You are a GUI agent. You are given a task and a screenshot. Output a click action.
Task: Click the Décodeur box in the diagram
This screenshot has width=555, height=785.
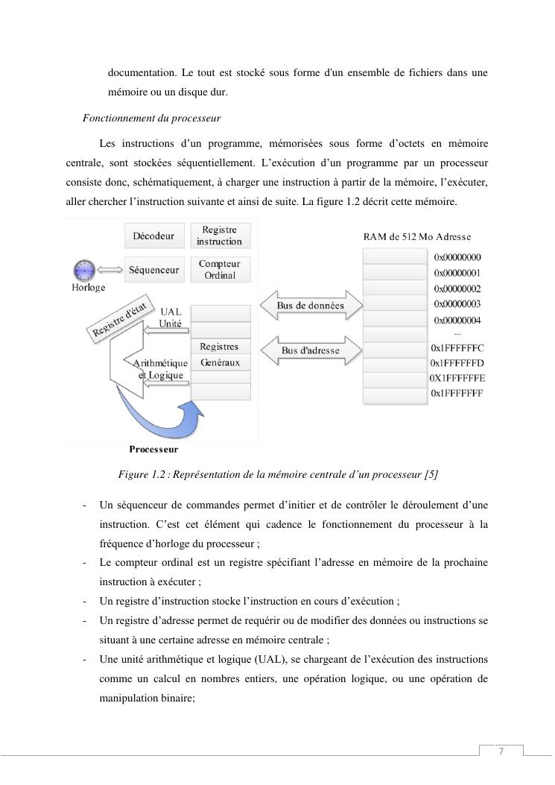pyautogui.click(x=153, y=236)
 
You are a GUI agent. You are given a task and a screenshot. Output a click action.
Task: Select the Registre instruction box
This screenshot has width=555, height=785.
pyautogui.click(x=220, y=236)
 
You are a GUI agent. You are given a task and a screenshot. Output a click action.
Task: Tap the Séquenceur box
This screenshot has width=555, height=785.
pyautogui.click(x=153, y=270)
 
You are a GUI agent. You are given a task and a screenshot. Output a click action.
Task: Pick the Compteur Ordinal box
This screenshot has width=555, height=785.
pyautogui.click(x=220, y=270)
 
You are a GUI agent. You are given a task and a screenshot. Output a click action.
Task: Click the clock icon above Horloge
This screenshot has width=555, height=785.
pyautogui.click(x=85, y=270)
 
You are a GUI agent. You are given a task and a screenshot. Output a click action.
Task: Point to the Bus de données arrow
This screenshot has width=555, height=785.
pyautogui.click(x=311, y=306)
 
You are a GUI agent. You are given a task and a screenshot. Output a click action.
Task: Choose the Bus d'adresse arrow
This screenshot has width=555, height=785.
pyautogui.click(x=311, y=350)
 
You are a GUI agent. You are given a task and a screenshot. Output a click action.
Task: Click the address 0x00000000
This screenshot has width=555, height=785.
pyautogui.click(x=457, y=257)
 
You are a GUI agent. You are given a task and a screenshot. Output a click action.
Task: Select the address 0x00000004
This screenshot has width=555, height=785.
pyautogui.click(x=457, y=321)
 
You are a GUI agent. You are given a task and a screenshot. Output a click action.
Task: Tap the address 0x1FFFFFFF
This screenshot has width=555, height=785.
pyautogui.click(x=457, y=393)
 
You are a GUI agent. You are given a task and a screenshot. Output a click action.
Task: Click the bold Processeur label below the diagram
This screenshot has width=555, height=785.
pyautogui.click(x=153, y=450)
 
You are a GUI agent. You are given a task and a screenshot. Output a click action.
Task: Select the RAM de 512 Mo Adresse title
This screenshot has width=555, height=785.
pyautogui.click(x=416, y=237)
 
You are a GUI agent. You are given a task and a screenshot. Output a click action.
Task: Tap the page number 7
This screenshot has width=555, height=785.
pyautogui.click(x=501, y=751)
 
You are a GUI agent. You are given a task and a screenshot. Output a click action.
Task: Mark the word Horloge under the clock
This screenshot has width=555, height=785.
pyautogui.click(x=89, y=287)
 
